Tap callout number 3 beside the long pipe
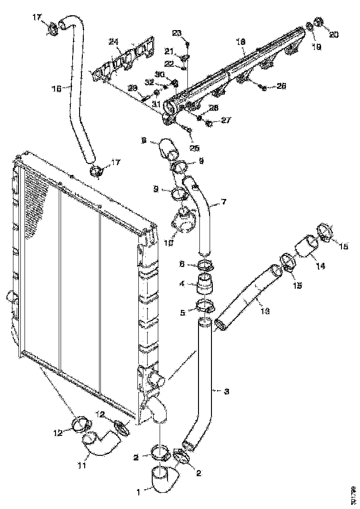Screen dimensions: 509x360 (x=226, y=392)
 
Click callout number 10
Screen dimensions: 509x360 (x=168, y=242)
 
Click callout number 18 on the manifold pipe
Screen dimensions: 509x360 (x=240, y=42)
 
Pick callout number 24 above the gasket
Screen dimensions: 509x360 (x=114, y=42)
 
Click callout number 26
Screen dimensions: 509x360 (x=281, y=86)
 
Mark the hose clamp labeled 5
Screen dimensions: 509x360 (x=205, y=305)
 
